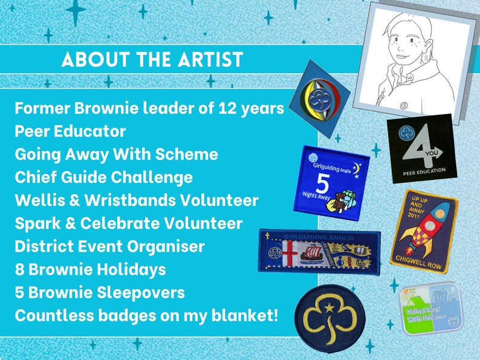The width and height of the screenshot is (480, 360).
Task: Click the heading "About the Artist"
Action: [152, 60]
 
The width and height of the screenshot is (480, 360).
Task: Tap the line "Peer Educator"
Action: [71, 131]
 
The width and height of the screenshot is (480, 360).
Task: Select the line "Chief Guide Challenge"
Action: [104, 177]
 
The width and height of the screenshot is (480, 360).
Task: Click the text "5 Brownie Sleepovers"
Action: [100, 292]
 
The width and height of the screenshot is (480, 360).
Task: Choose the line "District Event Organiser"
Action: [109, 246]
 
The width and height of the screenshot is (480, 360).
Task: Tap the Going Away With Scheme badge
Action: [431, 309]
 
